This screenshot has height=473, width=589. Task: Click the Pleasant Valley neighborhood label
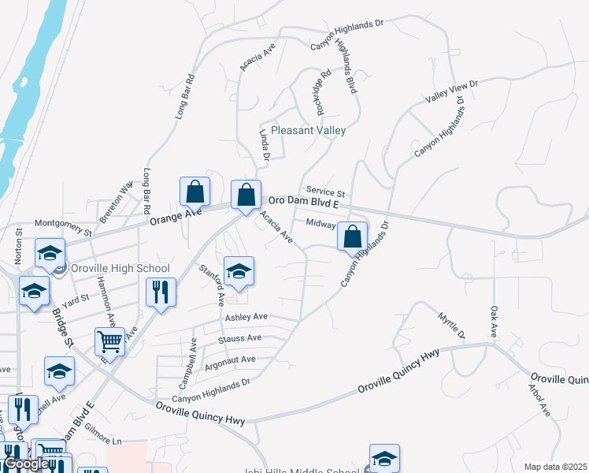pyautogui.click(x=308, y=130)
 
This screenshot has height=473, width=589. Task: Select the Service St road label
pyautogui.click(x=326, y=192)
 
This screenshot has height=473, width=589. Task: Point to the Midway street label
pyautogui.click(x=321, y=223)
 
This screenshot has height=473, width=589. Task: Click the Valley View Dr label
pyautogui.click(x=452, y=91)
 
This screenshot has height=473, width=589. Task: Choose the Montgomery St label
pyautogui.click(x=65, y=228)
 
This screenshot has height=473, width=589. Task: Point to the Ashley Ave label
pyautogui.click(x=246, y=317)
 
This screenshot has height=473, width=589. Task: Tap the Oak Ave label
pyautogui.click(x=494, y=322)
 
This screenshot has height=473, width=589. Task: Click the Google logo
pyautogui.click(x=26, y=464)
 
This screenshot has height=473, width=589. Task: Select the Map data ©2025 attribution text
pyautogui.click(x=555, y=467)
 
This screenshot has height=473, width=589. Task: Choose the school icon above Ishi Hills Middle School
pyautogui.click(x=384, y=457)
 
